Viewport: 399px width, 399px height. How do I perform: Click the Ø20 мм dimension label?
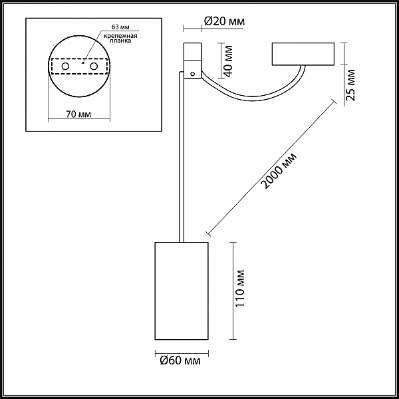[x=225, y=21]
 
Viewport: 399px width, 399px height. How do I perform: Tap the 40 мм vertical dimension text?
[x=229, y=61]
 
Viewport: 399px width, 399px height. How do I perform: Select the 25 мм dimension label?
[x=350, y=85]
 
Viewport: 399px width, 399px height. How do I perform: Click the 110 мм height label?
[x=239, y=289]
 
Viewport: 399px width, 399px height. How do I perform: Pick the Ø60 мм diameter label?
[x=180, y=360]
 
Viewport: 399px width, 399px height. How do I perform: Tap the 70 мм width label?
[x=78, y=114]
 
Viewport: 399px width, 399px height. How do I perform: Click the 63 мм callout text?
[x=120, y=27]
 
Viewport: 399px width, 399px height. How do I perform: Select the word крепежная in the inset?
[x=120, y=36]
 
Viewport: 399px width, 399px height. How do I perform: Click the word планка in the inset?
[x=120, y=41]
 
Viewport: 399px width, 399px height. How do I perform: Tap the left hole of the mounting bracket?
[x=65, y=66]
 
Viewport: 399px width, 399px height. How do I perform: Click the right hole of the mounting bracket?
[x=94, y=66]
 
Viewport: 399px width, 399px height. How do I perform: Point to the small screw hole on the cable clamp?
[x=193, y=74]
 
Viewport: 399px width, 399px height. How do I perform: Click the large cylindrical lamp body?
[x=182, y=291]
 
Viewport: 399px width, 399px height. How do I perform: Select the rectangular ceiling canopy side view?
[x=303, y=54]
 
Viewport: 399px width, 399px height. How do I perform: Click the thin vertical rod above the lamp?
[x=182, y=157]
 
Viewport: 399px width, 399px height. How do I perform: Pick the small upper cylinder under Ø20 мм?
[x=193, y=52]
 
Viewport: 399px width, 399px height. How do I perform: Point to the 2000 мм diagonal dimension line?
[x=271, y=168]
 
